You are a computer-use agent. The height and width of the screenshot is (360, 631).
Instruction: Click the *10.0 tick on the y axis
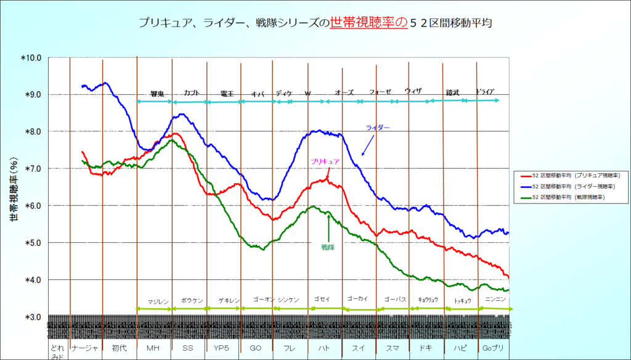pos(31,58)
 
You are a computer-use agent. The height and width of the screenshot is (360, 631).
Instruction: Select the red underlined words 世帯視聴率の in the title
pos(368,23)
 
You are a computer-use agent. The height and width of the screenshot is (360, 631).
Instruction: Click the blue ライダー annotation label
pos(378,128)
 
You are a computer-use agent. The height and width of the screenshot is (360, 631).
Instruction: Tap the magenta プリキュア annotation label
pos(325,161)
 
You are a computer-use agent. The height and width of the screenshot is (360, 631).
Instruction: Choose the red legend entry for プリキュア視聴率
pos(567,175)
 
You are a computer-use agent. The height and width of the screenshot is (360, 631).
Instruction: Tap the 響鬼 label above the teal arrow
pos(158,94)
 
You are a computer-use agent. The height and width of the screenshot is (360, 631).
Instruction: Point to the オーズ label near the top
pos(344,92)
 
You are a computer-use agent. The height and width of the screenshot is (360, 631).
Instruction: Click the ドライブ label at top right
pos(485,92)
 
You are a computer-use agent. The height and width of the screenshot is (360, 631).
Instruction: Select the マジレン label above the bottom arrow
pos(158,301)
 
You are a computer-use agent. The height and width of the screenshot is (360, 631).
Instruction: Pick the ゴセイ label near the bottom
pos(322,299)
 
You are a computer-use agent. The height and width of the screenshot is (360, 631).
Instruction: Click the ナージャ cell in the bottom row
pos(85,348)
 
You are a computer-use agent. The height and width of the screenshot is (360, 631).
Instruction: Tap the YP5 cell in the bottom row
pos(222,348)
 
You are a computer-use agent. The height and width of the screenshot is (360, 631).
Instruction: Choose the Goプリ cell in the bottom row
pos(493,348)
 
